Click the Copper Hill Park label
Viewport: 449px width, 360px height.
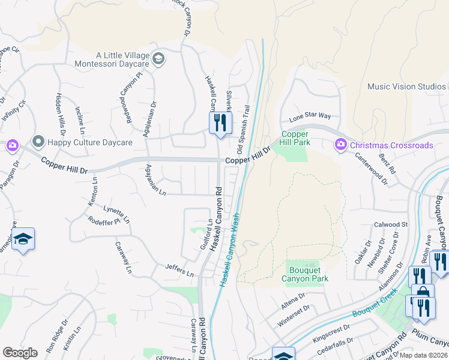[x=295, y=139]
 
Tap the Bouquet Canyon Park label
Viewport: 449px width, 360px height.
[x=305, y=274]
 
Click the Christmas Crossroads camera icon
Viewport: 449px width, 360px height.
[x=340, y=145]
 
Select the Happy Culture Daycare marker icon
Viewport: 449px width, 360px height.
[x=39, y=142]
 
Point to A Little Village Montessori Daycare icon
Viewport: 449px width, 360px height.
[x=158, y=58]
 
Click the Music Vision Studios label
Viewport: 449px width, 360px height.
[x=406, y=86]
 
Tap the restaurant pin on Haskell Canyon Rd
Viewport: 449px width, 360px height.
[x=220, y=123]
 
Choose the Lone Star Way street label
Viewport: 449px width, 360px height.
[x=310, y=116]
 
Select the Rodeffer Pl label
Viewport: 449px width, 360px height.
[x=104, y=220]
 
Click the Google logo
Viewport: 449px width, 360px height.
[x=20, y=353]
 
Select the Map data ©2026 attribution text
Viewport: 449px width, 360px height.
[x=424, y=355]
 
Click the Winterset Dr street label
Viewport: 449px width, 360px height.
[x=293, y=316]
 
